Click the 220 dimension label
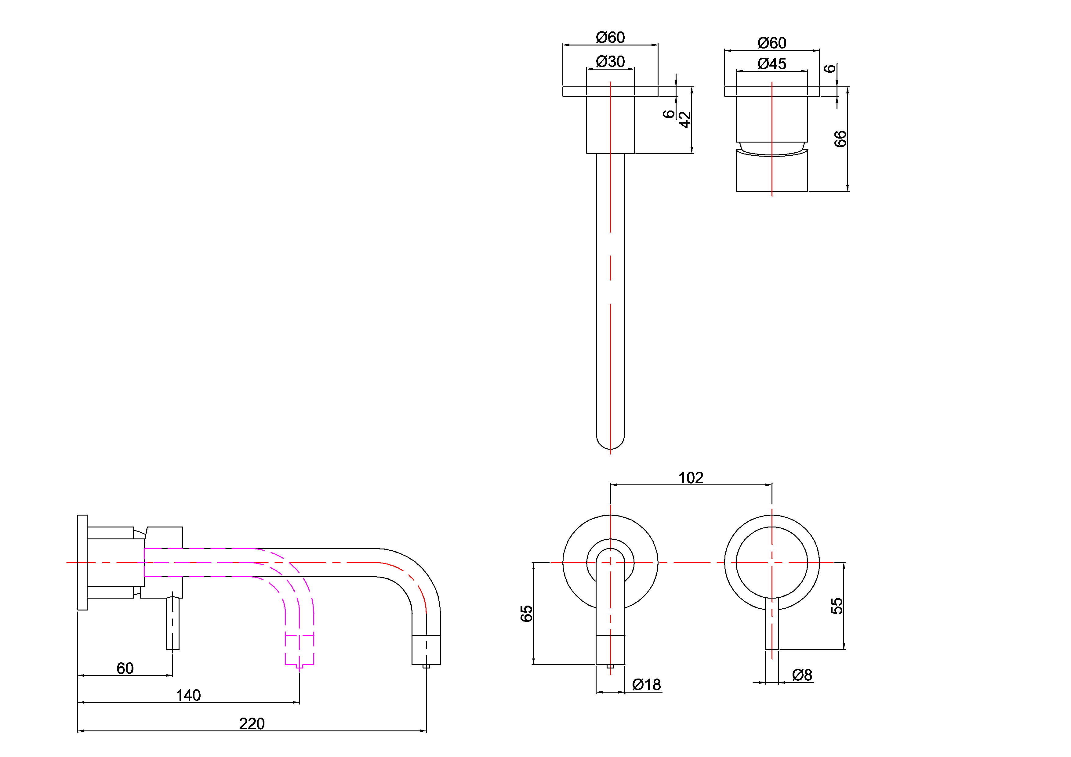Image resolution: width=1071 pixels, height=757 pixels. click(252, 724)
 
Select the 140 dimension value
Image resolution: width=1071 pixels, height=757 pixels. click(188, 695)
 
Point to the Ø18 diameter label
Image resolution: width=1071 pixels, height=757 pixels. click(647, 685)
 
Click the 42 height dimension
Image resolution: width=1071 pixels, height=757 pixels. click(685, 119)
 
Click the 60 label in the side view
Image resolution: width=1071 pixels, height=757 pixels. click(125, 668)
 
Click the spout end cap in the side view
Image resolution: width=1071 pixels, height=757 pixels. click(426, 650)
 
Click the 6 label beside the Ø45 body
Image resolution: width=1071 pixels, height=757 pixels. click(830, 69)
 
